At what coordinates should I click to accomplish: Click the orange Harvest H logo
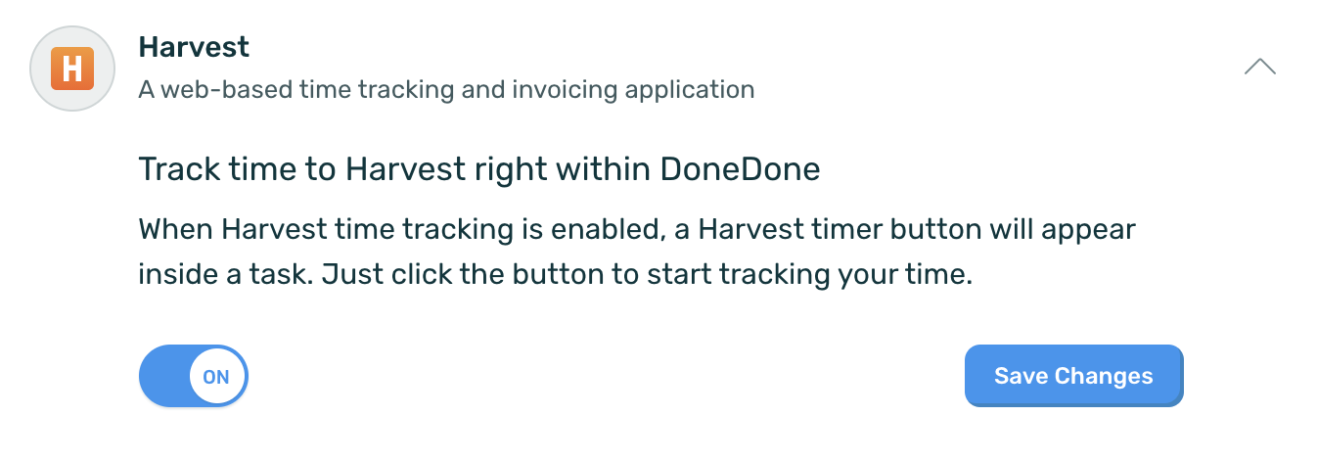(x=72, y=69)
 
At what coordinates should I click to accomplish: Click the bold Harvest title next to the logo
(x=194, y=47)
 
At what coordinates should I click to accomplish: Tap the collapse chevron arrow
(x=1259, y=66)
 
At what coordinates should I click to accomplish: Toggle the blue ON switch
(x=194, y=376)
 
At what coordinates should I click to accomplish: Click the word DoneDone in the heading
(x=740, y=169)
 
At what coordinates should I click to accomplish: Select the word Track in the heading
(x=179, y=169)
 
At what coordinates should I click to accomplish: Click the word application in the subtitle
(x=689, y=90)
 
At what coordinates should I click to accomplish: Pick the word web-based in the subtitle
(x=226, y=90)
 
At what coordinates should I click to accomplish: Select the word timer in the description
(x=846, y=229)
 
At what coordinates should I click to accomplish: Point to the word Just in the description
(x=351, y=274)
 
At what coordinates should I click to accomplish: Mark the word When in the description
(x=175, y=229)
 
